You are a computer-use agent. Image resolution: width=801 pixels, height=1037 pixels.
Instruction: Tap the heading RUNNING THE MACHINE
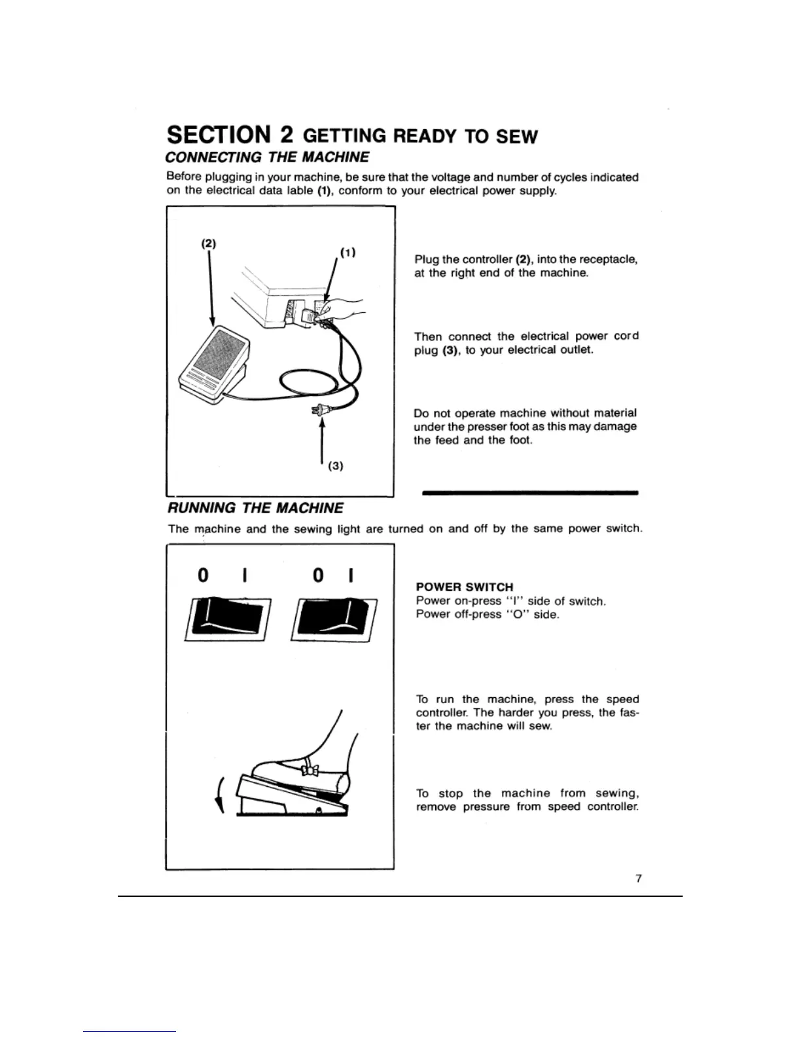pyautogui.click(x=255, y=508)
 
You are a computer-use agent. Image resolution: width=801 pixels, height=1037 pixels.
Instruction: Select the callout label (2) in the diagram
pyautogui.click(x=208, y=244)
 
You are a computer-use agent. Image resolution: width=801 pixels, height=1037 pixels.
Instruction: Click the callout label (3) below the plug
pyautogui.click(x=335, y=466)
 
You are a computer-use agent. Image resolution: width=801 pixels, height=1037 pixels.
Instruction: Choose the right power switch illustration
pyautogui.click(x=334, y=619)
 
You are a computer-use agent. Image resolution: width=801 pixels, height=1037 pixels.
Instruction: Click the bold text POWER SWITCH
pyautogui.click(x=465, y=587)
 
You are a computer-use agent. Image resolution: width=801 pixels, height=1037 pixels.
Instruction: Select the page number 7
pyautogui.click(x=638, y=879)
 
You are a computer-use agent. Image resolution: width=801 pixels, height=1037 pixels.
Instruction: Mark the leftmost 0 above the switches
pyautogui.click(x=203, y=575)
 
